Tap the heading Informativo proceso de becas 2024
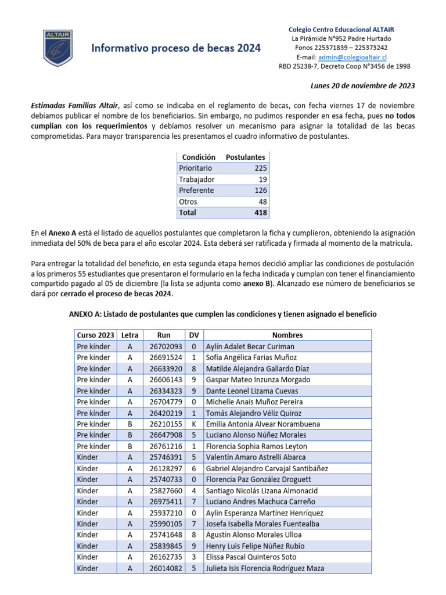(x=176, y=48)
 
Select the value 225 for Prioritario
(x=260, y=168)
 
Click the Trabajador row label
(x=197, y=179)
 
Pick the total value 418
(x=260, y=213)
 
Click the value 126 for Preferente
(x=260, y=190)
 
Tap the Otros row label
(x=188, y=202)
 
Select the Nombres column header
(x=287, y=335)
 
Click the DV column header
(x=193, y=335)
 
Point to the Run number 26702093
(x=166, y=346)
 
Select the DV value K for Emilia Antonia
(x=193, y=424)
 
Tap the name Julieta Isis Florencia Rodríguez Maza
(x=265, y=568)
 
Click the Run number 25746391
(x=166, y=457)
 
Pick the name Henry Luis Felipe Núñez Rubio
(x=255, y=546)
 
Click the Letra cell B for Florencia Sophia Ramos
(x=130, y=446)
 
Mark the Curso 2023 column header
(x=96, y=335)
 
